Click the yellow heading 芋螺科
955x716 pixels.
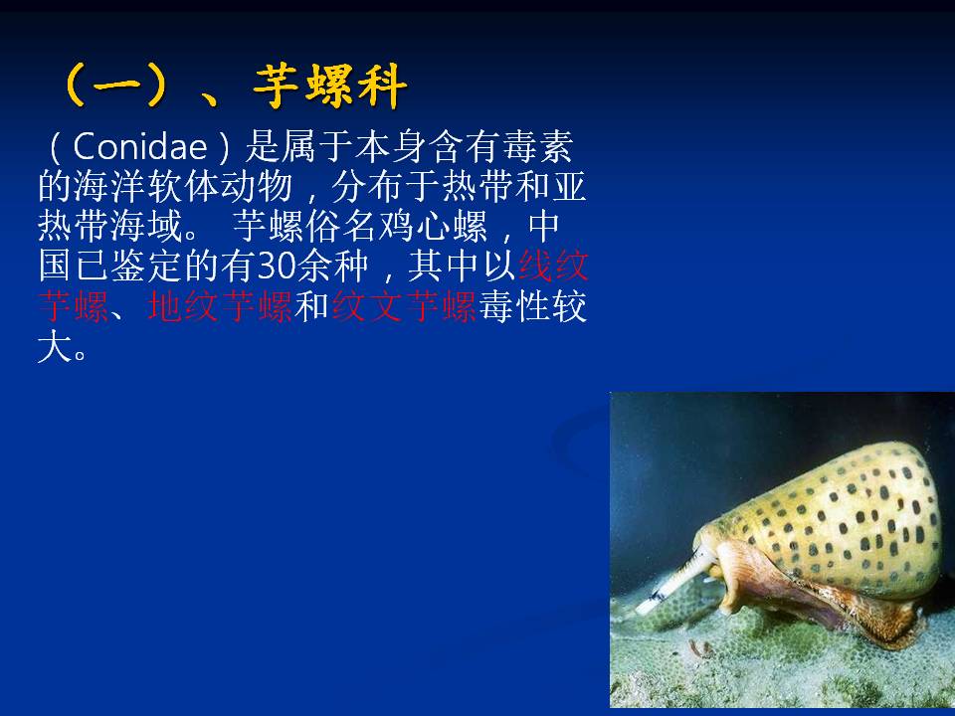point(330,87)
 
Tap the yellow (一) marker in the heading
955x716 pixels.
point(115,87)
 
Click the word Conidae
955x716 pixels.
point(140,147)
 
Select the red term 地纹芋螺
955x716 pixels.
point(220,305)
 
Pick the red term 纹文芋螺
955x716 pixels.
point(404,305)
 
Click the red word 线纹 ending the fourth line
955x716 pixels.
point(552,266)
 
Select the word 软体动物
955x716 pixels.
point(220,186)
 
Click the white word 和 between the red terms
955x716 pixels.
point(311,305)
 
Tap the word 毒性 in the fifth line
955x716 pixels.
point(514,305)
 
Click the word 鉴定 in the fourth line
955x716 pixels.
point(146,266)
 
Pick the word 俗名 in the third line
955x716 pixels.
point(341,226)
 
